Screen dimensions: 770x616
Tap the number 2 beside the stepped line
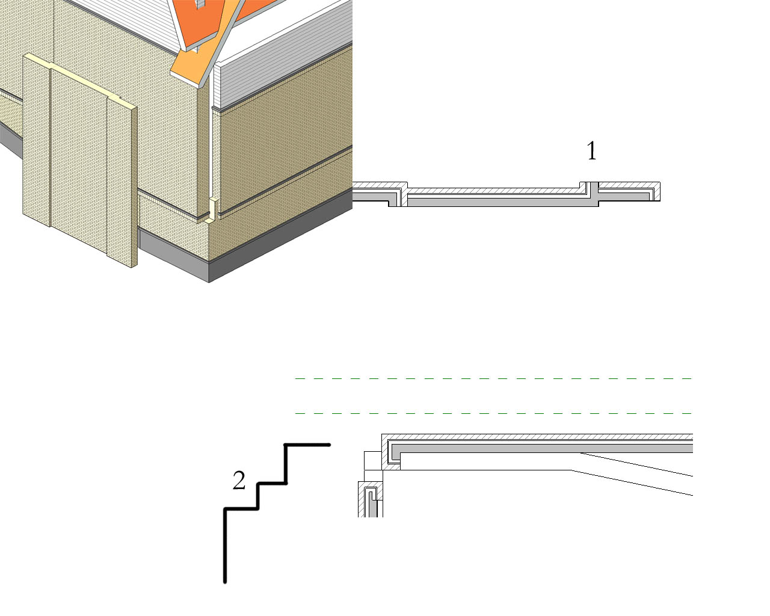click(x=239, y=480)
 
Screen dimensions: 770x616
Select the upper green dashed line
click(x=494, y=378)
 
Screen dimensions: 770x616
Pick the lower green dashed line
click(x=494, y=413)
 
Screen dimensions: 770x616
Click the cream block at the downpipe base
click(x=213, y=209)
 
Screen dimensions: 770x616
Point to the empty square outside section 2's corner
click(x=373, y=461)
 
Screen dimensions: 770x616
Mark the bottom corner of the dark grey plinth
click(x=209, y=282)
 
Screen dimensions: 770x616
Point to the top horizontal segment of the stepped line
click(x=307, y=445)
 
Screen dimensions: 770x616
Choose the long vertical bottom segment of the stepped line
click(x=225, y=546)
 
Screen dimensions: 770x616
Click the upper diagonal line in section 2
click(x=636, y=464)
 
